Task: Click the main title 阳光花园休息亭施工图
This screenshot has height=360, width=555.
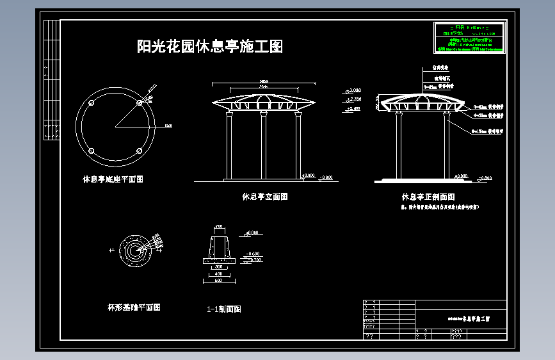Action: coord(210,47)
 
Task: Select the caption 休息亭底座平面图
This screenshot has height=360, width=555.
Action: coord(113,179)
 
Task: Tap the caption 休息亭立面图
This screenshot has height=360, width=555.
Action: coord(264,197)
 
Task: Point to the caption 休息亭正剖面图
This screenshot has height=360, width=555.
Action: coord(428,197)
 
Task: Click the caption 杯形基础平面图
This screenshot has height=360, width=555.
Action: coord(134,307)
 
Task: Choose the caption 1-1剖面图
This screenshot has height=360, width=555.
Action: coord(224,309)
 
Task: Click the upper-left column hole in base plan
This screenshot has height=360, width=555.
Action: coord(92,102)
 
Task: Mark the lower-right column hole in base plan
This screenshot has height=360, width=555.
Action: coord(140,151)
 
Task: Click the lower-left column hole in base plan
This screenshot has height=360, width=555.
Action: coord(92,151)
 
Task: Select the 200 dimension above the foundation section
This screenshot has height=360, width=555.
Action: coord(219,227)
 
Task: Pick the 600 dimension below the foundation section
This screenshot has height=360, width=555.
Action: coord(218,281)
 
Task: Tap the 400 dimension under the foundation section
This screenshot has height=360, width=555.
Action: coord(218,274)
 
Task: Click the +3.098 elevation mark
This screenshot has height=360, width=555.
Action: coord(354,90)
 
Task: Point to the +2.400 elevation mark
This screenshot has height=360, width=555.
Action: coord(354,108)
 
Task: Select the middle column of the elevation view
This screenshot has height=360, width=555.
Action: coord(263,145)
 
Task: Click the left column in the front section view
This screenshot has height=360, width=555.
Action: coord(399,145)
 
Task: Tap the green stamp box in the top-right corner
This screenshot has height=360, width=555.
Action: coord(469,38)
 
